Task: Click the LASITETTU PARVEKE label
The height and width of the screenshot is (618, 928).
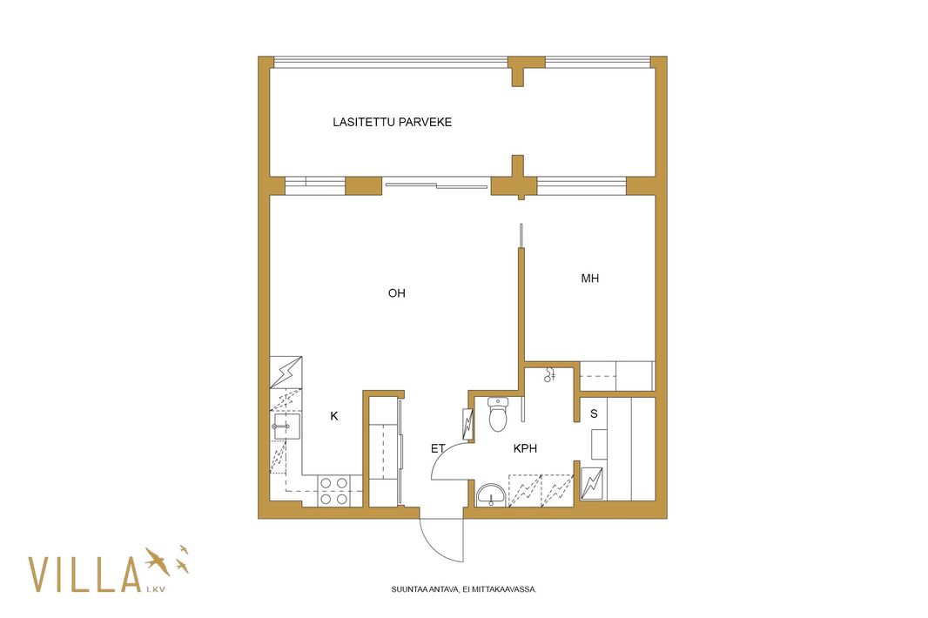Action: point(392,122)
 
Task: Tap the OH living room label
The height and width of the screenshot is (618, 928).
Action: point(396,293)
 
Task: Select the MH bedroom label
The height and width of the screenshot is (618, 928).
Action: point(590,279)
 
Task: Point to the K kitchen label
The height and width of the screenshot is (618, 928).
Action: point(334,416)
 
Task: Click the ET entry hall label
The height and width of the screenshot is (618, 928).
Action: point(438,448)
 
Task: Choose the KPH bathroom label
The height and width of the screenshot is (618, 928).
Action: point(526,448)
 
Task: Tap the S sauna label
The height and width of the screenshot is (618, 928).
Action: point(594,413)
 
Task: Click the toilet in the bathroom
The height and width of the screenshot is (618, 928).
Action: point(498,413)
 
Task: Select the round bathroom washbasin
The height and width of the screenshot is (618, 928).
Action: point(491,495)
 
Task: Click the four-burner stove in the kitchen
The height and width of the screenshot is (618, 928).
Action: point(333,491)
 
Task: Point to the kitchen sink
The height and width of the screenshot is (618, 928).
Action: point(286,426)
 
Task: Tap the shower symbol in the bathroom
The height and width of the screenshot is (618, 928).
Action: point(550,374)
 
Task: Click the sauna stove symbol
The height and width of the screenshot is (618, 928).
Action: point(592,484)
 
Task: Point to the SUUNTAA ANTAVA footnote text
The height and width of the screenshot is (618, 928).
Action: point(463,589)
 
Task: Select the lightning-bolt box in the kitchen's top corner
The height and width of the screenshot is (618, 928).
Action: point(286,373)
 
